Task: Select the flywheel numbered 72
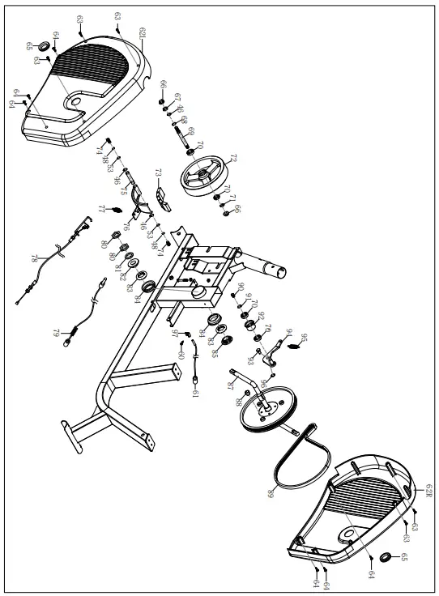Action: (x=208, y=176)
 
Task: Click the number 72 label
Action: (x=233, y=158)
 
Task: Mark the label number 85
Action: (x=215, y=354)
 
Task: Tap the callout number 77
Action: (x=102, y=209)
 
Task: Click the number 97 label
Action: (x=174, y=333)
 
